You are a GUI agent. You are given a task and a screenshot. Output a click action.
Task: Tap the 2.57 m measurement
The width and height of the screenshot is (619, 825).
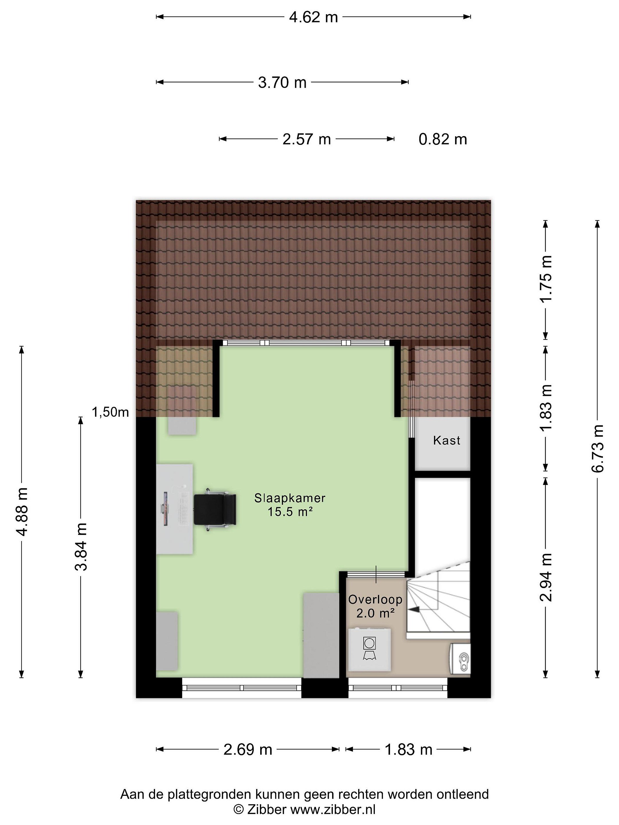coord(306,139)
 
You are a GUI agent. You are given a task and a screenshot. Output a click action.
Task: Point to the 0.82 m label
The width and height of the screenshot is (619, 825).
coord(442,139)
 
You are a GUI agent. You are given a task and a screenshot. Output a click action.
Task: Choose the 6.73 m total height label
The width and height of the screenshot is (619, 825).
coord(597,449)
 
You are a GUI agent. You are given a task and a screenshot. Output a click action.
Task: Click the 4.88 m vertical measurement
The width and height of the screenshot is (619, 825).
coord(22,512)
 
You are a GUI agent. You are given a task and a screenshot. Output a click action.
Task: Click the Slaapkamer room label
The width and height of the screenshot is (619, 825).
coord(290,498)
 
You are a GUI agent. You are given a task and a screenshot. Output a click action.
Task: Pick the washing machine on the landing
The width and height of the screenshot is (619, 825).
coord(369,649)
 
